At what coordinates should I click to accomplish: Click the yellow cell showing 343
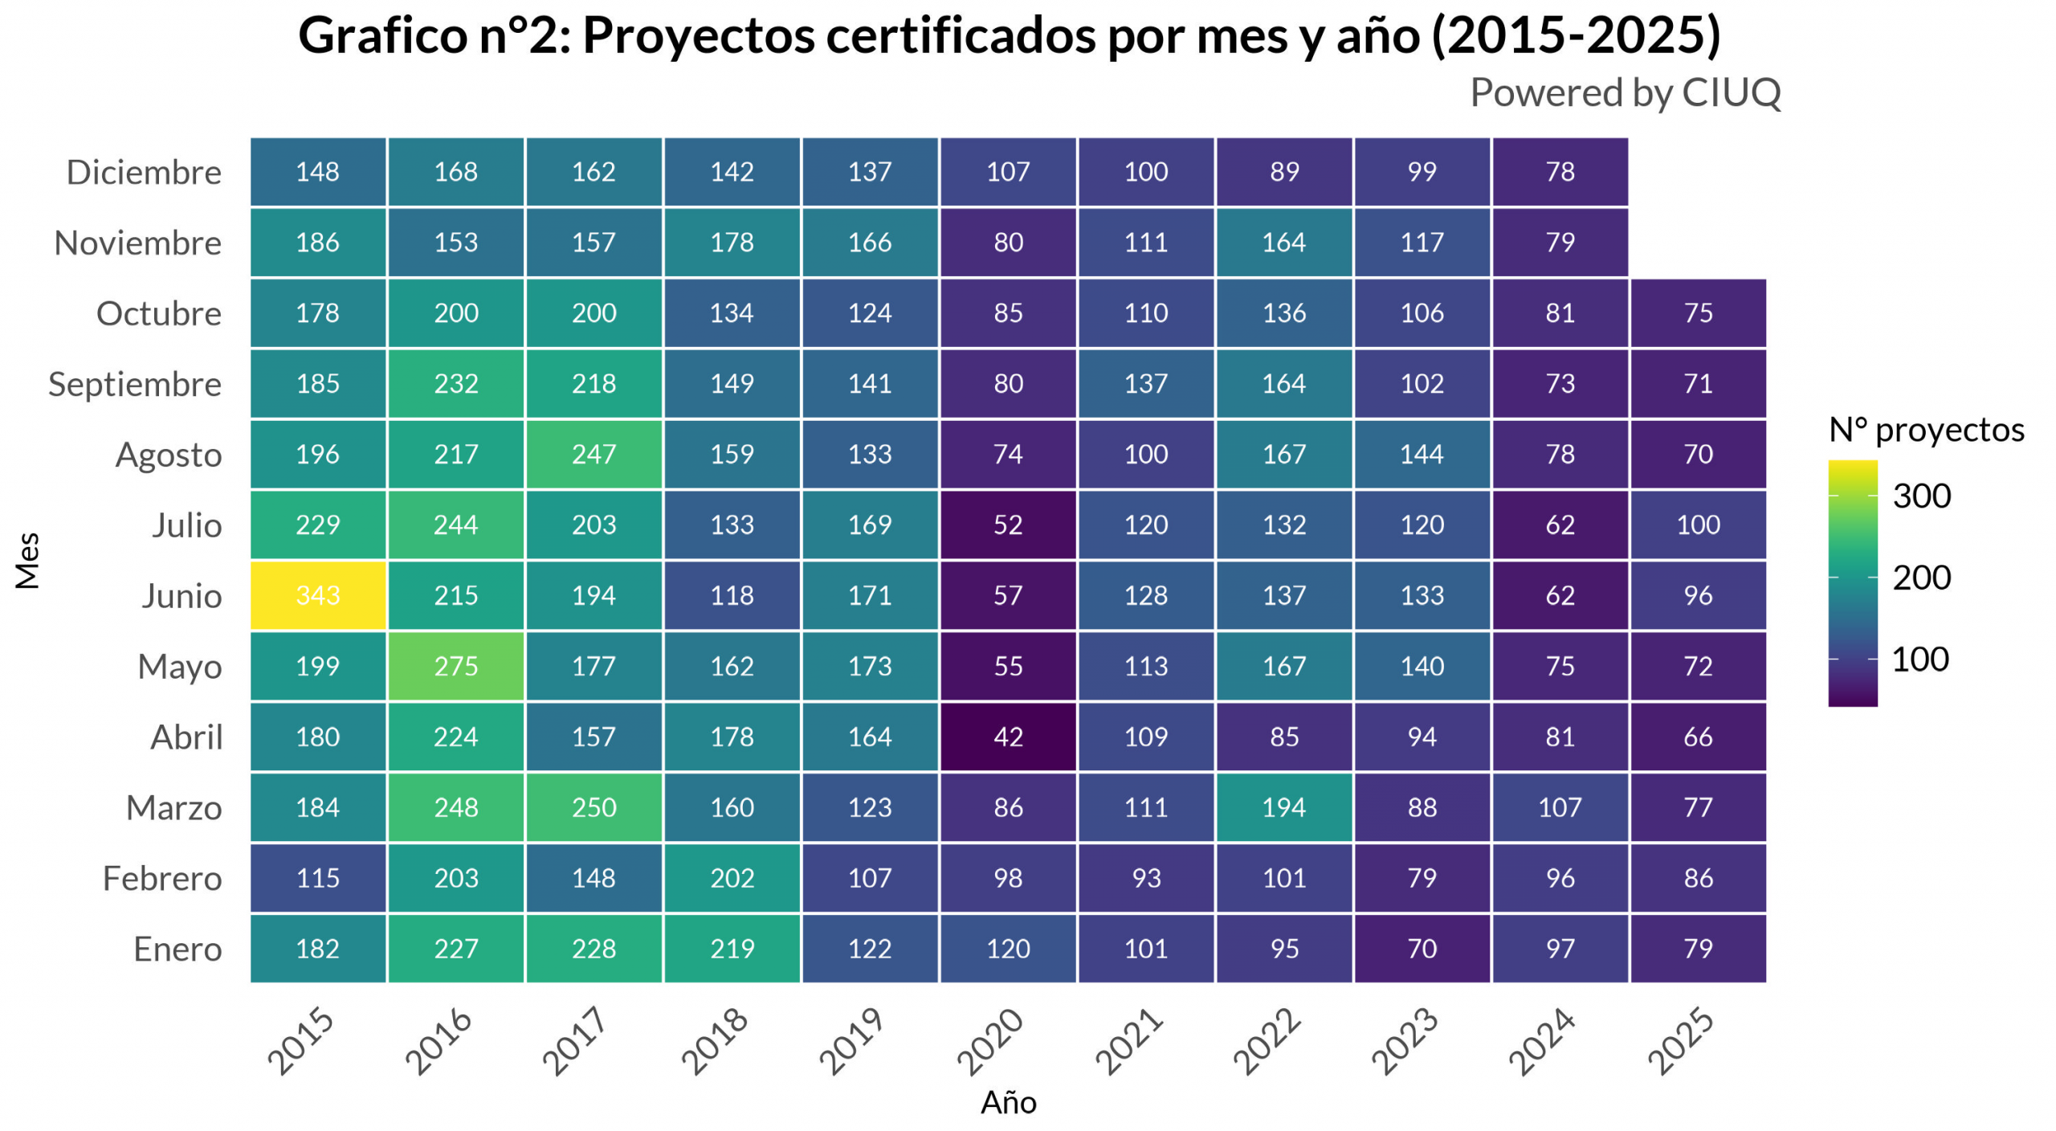click(x=318, y=595)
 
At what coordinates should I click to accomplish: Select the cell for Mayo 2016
click(x=456, y=666)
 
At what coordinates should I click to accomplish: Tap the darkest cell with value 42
click(x=1008, y=737)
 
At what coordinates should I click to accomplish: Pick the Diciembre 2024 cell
click(x=1560, y=172)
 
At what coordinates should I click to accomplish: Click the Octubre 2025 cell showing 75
click(x=1698, y=313)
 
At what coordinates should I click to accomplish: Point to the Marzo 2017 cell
click(x=594, y=807)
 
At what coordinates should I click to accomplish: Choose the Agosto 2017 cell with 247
click(x=594, y=455)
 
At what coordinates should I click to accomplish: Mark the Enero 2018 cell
click(x=732, y=949)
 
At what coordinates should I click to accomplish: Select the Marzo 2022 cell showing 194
click(x=1283, y=807)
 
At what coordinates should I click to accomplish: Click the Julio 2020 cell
click(x=1008, y=525)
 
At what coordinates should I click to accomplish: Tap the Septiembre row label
click(x=135, y=385)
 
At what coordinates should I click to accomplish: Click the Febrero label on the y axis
click(x=162, y=879)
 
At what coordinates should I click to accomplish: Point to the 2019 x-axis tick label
click(x=851, y=1041)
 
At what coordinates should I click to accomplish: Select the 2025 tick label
click(x=1680, y=1041)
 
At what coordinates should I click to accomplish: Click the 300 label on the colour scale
click(x=1921, y=496)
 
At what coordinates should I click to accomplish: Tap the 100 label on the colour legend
click(x=1919, y=659)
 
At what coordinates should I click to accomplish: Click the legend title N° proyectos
click(x=1926, y=431)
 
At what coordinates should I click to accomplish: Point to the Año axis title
click(x=1008, y=1103)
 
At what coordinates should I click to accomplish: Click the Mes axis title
click(x=27, y=561)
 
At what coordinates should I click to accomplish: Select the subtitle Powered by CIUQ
click(x=1625, y=93)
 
